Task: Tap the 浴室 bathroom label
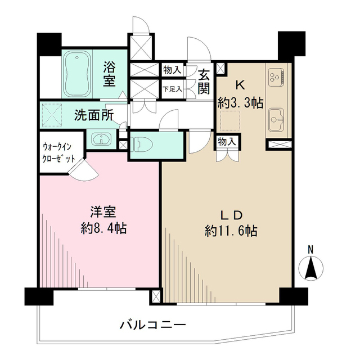tap(109, 74)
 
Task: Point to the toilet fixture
tap(141, 144)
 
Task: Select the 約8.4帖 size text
tap(103, 228)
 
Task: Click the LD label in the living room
tap(230, 215)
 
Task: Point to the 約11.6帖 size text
tap(231, 231)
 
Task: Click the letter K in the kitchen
tap(239, 85)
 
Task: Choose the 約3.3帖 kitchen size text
tap(240, 103)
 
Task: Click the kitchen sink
tap(276, 119)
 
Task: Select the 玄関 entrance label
tap(204, 80)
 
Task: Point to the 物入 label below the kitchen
tap(227, 142)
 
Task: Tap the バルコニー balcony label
tap(152, 325)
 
